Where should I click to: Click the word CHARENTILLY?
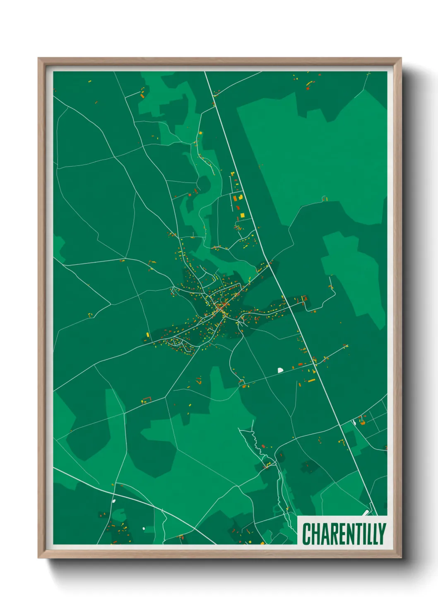coord(344,533)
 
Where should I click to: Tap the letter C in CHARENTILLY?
coord(307,533)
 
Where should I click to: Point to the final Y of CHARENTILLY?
coord(382,533)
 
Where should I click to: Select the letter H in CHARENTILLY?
coord(315,533)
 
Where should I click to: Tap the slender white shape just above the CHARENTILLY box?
coord(366,513)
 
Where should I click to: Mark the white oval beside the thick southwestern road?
coord(114,501)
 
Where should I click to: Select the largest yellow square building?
coord(242,215)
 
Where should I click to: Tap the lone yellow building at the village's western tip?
coord(148,335)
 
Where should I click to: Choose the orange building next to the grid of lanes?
coord(363,423)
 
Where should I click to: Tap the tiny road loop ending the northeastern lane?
coord(324,198)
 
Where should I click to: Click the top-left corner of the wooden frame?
coord(39,58)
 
